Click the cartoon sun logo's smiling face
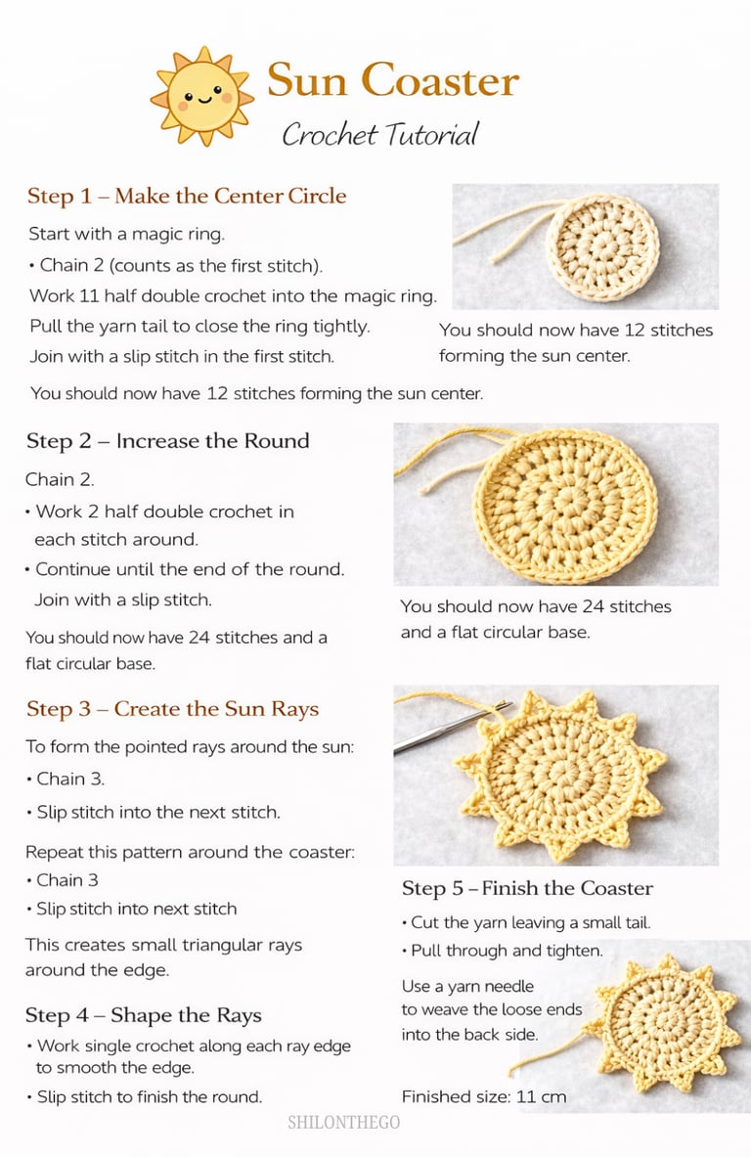point(202,96)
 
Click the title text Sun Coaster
point(393,79)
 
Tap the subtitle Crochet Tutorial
point(380,134)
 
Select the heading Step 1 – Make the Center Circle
point(187,196)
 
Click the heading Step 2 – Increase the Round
point(167,440)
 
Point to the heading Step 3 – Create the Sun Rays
point(173,708)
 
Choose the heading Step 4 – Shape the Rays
point(143,1015)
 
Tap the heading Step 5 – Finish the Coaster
point(527,888)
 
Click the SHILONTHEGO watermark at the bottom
point(344,1123)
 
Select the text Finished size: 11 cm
point(484,1095)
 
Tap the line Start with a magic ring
point(127,234)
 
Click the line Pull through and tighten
point(503,951)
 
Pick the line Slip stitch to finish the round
point(145,1096)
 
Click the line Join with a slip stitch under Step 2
point(122,600)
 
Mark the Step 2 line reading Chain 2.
point(60,479)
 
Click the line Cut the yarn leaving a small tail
point(526,922)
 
